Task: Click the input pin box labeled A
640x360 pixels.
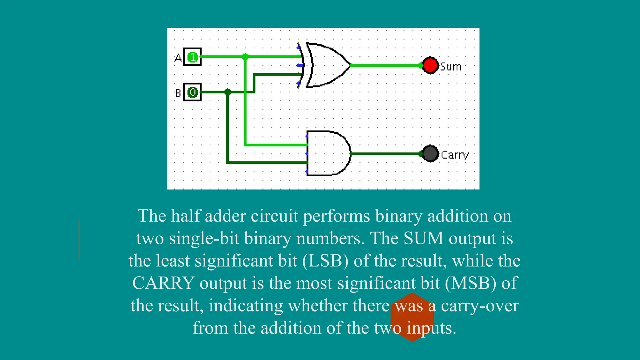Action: click(192, 57)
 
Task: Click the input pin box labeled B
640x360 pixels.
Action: click(192, 92)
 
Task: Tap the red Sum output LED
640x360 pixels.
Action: click(430, 65)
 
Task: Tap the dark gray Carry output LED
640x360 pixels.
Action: click(430, 153)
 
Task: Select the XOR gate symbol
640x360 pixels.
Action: click(327, 65)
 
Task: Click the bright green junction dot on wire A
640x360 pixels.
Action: click(245, 57)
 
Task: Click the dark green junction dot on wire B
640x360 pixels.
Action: click(227, 92)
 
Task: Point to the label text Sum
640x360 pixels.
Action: click(451, 67)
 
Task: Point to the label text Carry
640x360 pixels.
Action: click(455, 155)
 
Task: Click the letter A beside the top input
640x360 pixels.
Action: click(178, 58)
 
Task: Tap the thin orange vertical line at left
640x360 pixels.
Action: click(79, 239)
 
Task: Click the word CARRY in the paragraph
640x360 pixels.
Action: click(163, 283)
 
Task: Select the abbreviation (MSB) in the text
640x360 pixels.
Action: click(470, 283)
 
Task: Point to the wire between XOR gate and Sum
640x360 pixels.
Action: click(386, 65)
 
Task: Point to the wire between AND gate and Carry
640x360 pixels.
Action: click(386, 153)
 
